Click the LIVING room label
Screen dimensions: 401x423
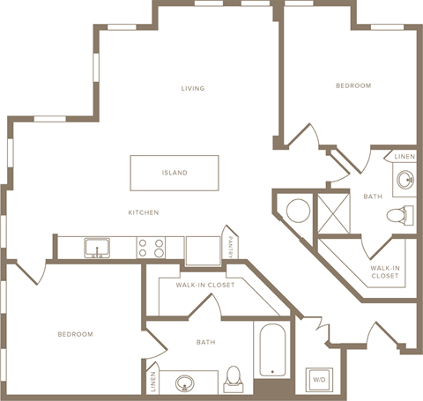pyautogui.click(x=193, y=88)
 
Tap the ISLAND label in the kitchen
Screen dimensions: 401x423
pyautogui.click(x=174, y=173)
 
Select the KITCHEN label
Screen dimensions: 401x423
pyautogui.click(x=143, y=212)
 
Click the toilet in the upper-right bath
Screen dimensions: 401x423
pyautogui.click(x=403, y=214)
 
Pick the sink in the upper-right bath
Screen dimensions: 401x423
pyautogui.click(x=405, y=181)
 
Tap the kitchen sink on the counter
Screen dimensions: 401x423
pyautogui.click(x=97, y=247)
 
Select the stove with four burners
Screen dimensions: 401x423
pyautogui.click(x=152, y=247)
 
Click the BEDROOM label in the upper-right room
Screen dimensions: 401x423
pyautogui.click(x=352, y=85)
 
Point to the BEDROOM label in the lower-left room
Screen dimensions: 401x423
pyautogui.click(x=75, y=334)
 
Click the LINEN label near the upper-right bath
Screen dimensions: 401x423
pyautogui.click(x=404, y=156)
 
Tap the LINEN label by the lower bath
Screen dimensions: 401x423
pyautogui.click(x=153, y=381)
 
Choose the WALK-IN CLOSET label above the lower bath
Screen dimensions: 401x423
pyautogui.click(x=204, y=285)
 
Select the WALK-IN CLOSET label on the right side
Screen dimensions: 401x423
pyautogui.click(x=384, y=271)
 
